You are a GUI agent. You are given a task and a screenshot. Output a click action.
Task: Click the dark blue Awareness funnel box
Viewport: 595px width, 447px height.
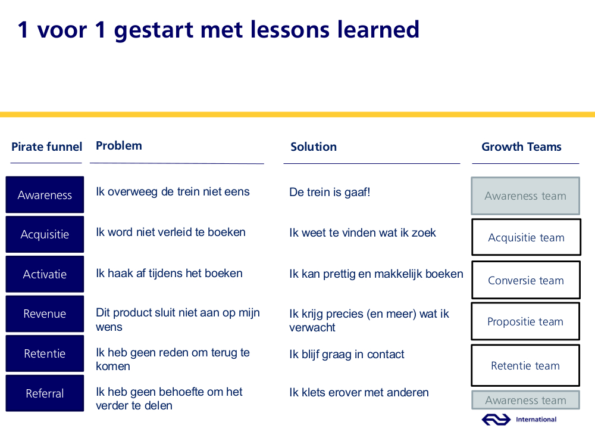pos(45,195)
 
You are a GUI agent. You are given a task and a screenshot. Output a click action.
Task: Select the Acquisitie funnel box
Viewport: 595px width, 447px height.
pos(45,234)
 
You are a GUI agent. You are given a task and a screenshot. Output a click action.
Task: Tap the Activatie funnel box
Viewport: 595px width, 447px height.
pos(45,274)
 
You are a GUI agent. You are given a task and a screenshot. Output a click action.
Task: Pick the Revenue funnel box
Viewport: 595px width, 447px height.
pos(45,313)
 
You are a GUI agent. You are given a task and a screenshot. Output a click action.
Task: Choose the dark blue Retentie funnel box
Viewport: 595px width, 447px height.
pos(45,353)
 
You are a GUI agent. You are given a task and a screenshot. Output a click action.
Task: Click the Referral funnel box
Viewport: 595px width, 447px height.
pos(45,393)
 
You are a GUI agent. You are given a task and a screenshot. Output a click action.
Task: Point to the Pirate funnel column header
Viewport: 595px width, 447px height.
pos(46,147)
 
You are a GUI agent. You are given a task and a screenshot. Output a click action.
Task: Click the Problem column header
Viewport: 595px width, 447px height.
pos(119,145)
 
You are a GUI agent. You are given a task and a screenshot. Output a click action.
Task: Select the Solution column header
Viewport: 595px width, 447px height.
pos(314,147)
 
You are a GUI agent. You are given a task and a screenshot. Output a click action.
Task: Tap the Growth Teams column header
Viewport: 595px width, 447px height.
pos(521,147)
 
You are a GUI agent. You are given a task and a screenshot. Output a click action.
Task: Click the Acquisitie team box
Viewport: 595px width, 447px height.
pos(526,237)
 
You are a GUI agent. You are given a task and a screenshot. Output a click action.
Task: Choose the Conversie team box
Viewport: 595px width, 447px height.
pos(526,280)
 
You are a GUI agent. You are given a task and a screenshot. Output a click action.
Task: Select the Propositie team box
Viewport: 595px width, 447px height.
pos(525,322)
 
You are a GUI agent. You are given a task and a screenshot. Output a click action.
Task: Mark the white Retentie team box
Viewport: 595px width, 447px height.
pos(525,365)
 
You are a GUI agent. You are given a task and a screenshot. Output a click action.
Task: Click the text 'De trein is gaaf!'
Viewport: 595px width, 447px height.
pos(330,192)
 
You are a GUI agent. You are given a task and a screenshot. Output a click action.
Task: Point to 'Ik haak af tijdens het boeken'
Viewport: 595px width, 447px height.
pos(169,274)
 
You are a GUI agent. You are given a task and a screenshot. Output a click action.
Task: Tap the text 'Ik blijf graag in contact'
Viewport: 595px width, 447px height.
pos(347,354)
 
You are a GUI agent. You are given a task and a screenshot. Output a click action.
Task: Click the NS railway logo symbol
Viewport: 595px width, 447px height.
pos(496,420)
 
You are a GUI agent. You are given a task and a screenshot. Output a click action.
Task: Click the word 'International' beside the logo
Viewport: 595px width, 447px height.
pos(536,419)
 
